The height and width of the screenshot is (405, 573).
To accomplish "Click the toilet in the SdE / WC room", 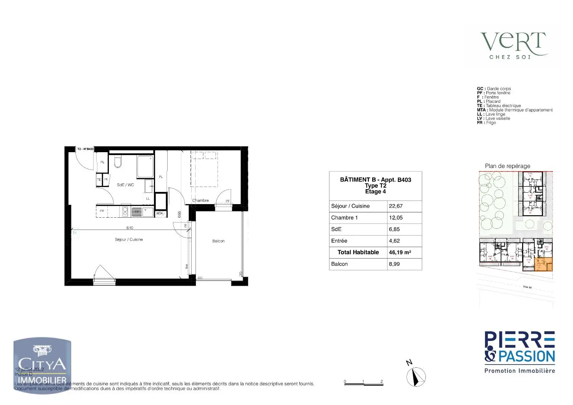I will [x=118, y=162].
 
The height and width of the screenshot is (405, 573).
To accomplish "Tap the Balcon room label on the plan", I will [x=218, y=241].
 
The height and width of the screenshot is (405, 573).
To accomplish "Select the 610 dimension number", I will [x=130, y=228].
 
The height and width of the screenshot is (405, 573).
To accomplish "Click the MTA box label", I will [x=160, y=213].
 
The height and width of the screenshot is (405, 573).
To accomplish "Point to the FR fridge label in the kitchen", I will [x=102, y=211].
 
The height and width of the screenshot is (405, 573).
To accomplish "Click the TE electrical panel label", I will [x=99, y=180].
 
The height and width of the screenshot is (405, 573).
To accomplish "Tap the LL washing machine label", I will [x=148, y=198].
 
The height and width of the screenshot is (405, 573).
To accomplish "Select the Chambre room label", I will [x=201, y=201].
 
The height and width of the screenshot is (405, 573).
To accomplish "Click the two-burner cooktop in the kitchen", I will [x=125, y=211].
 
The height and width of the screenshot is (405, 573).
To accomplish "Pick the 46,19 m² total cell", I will [x=400, y=252].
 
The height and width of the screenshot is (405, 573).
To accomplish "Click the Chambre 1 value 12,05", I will [x=396, y=218].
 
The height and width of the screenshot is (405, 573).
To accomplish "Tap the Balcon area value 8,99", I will [x=394, y=264].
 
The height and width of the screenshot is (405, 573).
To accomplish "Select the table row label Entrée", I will [x=339, y=241].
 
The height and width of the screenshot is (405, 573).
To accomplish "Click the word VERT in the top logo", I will [x=513, y=42].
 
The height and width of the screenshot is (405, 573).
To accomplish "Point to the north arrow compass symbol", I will [x=416, y=377].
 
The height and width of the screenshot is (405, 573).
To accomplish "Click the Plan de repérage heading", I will [x=507, y=166].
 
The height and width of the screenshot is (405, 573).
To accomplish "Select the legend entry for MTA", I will [x=515, y=110].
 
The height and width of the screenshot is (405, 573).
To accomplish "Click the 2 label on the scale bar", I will [x=382, y=381].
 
